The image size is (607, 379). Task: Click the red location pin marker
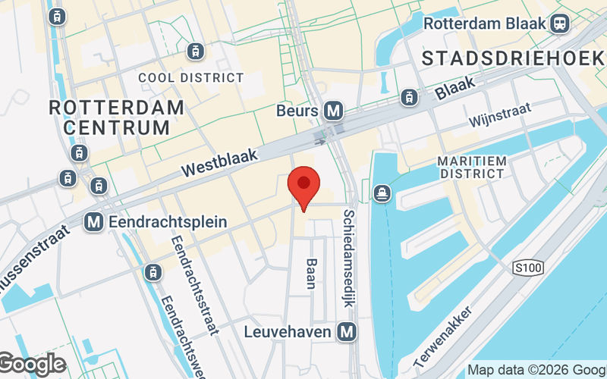[304, 187]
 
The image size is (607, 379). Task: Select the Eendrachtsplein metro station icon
[94, 222]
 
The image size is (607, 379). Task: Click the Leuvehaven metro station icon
[348, 331]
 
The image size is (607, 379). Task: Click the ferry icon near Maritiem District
[381, 194]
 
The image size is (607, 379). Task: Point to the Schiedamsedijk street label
[349, 258]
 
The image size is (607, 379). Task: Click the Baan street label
[311, 274]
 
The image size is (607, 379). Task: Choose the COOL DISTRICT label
[191, 78]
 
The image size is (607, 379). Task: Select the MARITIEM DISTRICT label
[471, 168]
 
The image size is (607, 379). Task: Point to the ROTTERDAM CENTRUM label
[116, 117]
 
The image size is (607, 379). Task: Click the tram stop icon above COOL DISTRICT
[197, 51]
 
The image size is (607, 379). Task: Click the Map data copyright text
[536, 371]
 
